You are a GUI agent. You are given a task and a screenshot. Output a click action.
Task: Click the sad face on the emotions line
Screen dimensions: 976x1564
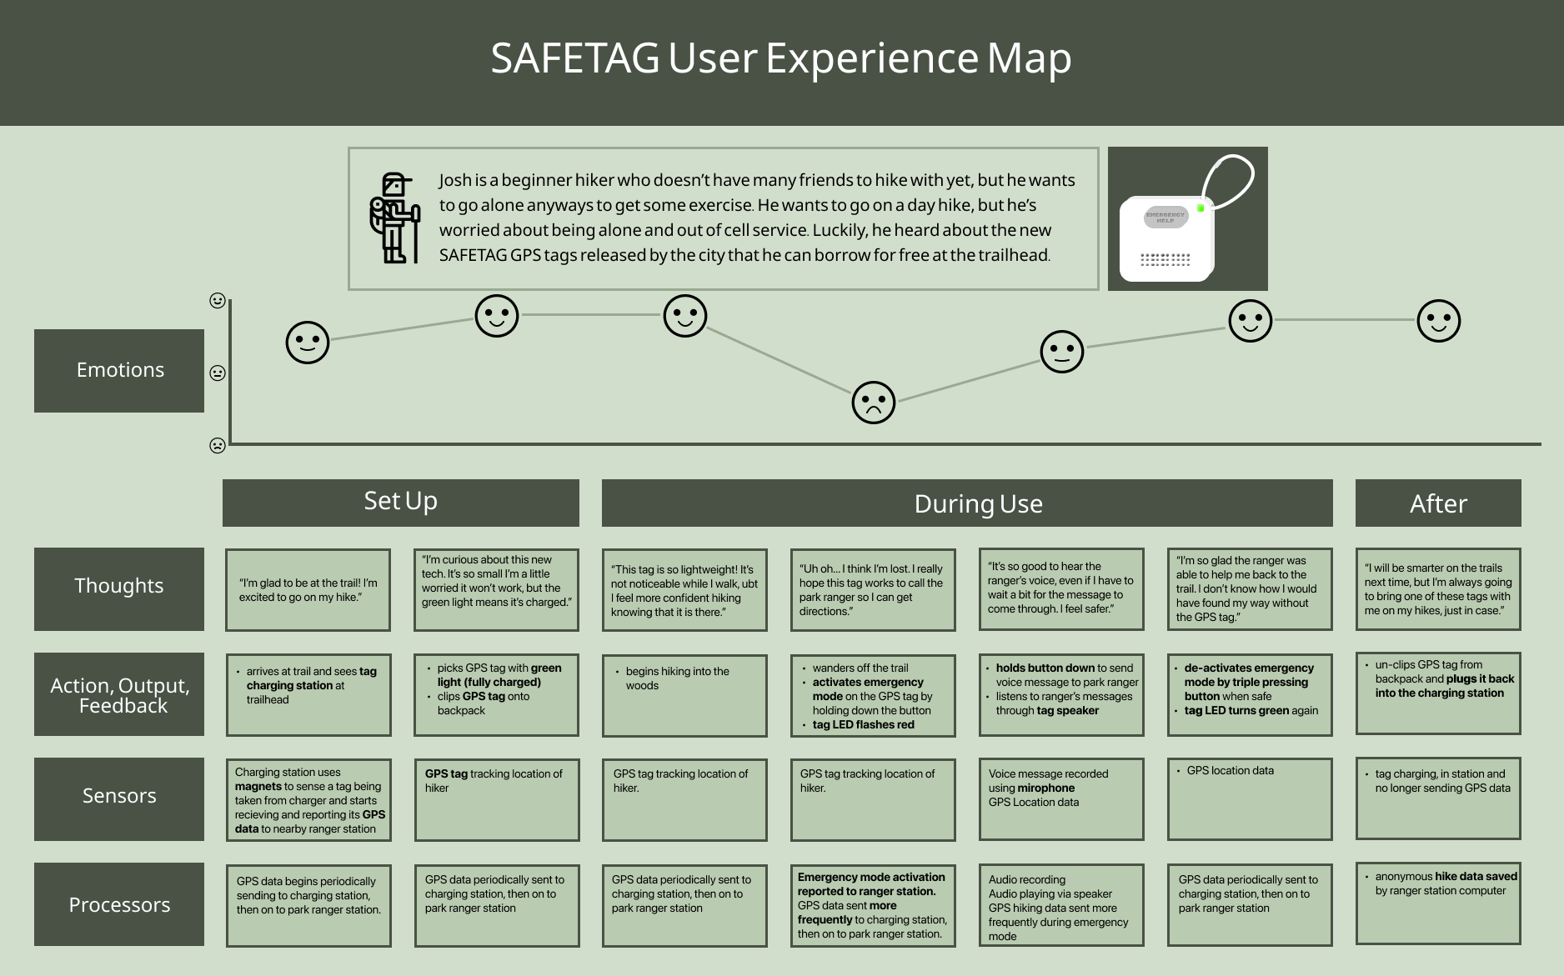tap(873, 403)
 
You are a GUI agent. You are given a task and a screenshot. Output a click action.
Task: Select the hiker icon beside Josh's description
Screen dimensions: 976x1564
tap(394, 218)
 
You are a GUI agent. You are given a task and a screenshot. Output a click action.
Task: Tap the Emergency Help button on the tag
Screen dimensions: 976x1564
tap(1165, 218)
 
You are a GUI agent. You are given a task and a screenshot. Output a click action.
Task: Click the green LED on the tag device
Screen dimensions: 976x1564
tap(1201, 208)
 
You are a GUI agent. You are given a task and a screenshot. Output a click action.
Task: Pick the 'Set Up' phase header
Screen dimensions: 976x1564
tap(400, 502)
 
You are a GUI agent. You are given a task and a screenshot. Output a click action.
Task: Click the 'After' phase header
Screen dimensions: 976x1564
tap(1437, 503)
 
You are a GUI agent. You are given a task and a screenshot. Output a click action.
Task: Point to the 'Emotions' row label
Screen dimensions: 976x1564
tap(119, 370)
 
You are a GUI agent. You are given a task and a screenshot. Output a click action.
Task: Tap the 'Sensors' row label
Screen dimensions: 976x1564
tap(119, 796)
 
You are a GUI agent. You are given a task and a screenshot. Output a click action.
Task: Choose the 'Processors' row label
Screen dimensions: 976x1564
tap(119, 904)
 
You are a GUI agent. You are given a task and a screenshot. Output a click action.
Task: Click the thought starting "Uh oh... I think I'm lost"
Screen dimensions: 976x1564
tap(872, 589)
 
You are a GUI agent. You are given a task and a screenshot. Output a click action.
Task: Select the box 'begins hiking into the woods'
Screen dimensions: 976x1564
tap(684, 694)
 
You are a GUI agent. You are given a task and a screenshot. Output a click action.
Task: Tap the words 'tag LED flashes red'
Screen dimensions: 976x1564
tap(863, 724)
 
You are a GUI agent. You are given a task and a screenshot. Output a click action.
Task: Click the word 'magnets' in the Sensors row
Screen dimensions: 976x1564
tap(258, 786)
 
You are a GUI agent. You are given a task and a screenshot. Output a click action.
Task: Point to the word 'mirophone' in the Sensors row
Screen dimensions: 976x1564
tap(1046, 788)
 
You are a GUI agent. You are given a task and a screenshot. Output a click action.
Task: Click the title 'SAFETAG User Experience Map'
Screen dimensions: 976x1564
tap(781, 58)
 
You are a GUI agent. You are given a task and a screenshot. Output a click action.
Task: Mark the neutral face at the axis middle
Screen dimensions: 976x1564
tap(218, 373)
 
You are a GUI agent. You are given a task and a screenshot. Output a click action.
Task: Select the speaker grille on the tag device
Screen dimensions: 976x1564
tap(1165, 260)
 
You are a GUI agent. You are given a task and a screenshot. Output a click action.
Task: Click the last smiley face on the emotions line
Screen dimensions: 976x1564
tap(1438, 321)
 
